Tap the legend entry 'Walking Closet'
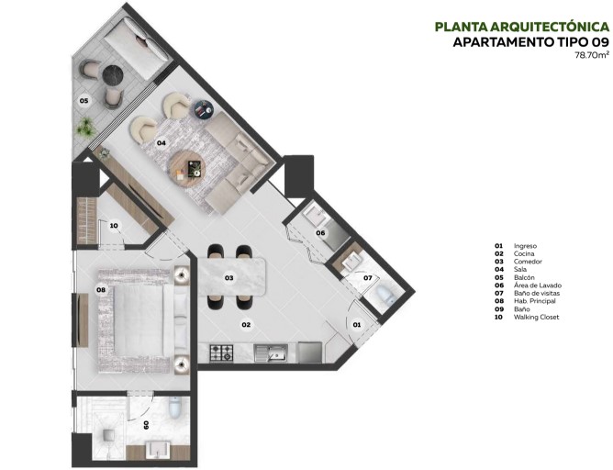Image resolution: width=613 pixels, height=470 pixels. coord(537,318)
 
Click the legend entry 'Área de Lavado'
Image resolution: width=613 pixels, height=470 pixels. coord(538,285)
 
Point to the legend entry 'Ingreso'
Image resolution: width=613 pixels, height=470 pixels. coord(525,246)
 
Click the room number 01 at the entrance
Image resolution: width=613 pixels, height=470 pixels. coord(357,324)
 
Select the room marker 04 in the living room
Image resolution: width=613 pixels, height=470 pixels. coord(161,143)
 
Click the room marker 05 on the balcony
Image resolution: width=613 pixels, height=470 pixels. coord(83,100)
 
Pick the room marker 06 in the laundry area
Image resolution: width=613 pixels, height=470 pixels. coord(321,233)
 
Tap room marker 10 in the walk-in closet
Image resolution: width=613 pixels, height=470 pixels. coord(114,226)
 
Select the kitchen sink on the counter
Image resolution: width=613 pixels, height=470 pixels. coord(273,352)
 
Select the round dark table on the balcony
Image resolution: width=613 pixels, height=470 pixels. coord(113,74)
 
